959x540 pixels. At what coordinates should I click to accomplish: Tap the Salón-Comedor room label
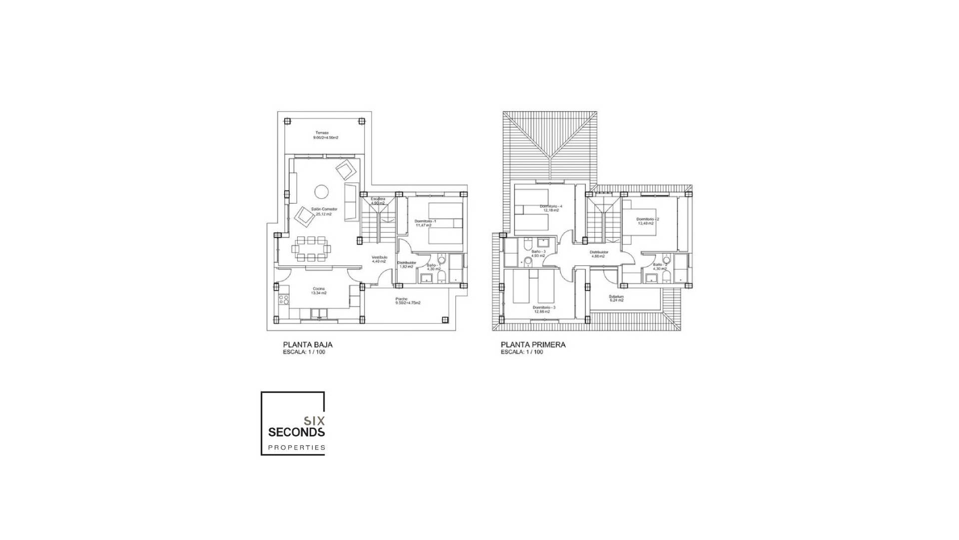[324, 209]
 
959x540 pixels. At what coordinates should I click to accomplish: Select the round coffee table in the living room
[321, 191]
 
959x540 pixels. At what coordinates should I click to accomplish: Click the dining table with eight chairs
[311, 248]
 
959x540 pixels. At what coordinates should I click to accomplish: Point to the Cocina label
[319, 289]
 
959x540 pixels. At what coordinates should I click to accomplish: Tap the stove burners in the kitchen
[284, 300]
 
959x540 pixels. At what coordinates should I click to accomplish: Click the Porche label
[401, 299]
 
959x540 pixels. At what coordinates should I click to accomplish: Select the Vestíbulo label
[379, 257]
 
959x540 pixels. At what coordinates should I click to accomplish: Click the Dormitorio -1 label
[426, 221]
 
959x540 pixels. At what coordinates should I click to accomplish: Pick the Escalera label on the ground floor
[378, 199]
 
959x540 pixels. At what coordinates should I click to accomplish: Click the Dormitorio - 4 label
[551, 206]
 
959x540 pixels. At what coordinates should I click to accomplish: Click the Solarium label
[616, 296]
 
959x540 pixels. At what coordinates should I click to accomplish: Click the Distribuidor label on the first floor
[598, 252]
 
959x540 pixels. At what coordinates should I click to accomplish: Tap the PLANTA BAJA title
[308, 344]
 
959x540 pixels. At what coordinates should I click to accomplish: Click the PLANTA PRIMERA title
[533, 344]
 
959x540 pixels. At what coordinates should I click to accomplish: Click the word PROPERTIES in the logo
[297, 447]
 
